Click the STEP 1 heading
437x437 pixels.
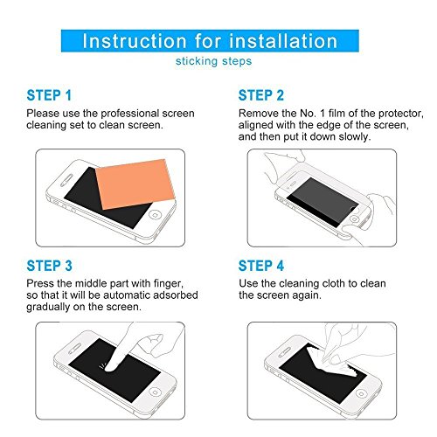coord(49,95)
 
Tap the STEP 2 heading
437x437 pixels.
coord(261,95)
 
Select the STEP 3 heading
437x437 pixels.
coord(49,266)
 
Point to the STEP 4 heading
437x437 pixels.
coord(261,266)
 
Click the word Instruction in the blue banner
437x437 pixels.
coord(135,41)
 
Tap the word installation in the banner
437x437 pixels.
coord(283,41)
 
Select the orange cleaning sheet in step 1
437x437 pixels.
coord(135,184)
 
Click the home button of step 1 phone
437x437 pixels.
coord(155,215)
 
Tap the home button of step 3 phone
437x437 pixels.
coord(156,392)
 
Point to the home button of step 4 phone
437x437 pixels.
coord(361,394)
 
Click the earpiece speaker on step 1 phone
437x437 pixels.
coord(66,181)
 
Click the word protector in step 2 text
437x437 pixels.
coord(401,114)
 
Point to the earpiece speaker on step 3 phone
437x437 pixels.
coord(74,349)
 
